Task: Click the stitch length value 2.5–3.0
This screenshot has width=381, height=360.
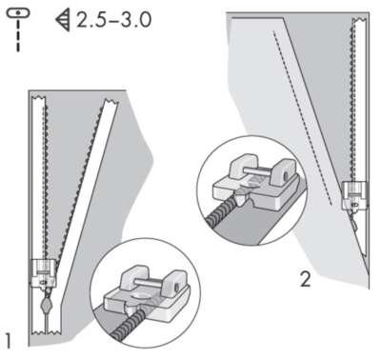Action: [x=113, y=20]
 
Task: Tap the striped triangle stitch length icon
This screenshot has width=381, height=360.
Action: [x=63, y=20]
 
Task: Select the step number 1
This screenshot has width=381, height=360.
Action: [x=9, y=341]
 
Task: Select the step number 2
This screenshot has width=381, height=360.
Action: [x=305, y=280]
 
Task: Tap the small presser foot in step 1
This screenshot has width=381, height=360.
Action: [x=44, y=272]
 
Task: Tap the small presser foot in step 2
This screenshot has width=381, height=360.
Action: [x=354, y=195]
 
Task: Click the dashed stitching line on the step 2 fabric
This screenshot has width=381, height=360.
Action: [x=303, y=118]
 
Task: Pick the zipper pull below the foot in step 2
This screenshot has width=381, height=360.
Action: [x=355, y=223]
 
